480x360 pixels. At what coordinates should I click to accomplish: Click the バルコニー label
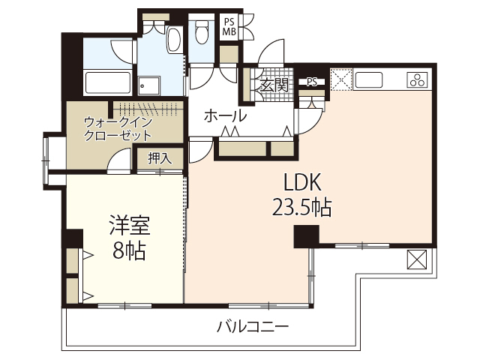[253, 327]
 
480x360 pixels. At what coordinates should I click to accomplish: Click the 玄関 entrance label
[274, 85]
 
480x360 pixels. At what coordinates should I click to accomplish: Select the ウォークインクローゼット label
[118, 128]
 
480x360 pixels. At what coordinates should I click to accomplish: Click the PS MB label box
[229, 27]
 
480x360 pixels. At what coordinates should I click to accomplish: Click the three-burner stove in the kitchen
[417, 78]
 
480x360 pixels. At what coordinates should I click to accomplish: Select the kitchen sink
[370, 78]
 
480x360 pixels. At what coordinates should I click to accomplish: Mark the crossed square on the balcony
[417, 261]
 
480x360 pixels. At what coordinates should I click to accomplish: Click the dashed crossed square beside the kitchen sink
[341, 78]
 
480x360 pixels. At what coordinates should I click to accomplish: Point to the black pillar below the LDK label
[305, 236]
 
